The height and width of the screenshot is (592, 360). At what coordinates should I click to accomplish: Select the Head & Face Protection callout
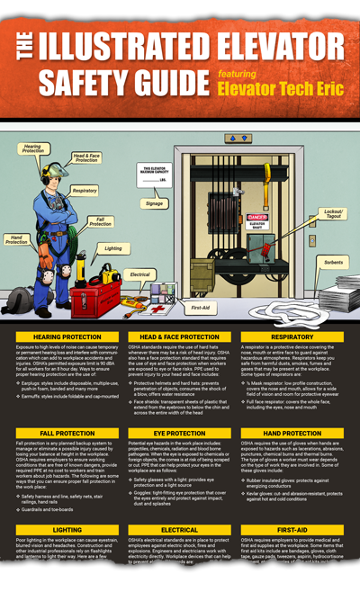(92, 157)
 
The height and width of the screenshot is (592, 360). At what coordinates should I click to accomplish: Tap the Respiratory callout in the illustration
(84, 190)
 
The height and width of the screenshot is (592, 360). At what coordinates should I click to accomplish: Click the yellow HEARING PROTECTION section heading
(61, 336)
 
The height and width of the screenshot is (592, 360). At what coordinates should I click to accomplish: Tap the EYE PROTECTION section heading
(180, 433)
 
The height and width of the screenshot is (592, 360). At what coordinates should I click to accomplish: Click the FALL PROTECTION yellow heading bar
(61, 433)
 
